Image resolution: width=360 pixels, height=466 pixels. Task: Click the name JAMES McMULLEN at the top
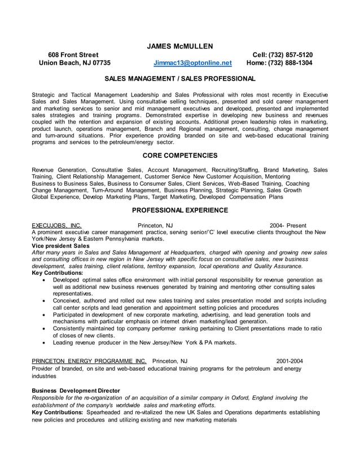(x=180, y=46)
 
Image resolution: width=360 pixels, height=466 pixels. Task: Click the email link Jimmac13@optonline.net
(x=192, y=63)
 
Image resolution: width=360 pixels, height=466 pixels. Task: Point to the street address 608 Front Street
(x=73, y=55)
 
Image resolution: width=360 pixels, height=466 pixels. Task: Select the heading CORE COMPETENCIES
(x=180, y=155)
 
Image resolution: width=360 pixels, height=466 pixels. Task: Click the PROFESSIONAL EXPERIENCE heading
(x=180, y=210)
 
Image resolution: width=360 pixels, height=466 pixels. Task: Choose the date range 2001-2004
(x=289, y=361)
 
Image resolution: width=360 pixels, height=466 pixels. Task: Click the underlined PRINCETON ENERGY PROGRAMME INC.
(x=89, y=361)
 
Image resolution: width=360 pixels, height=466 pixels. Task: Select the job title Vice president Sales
(x=60, y=246)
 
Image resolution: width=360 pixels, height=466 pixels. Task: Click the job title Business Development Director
(x=76, y=390)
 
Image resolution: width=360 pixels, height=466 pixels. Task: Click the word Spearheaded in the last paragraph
(x=105, y=412)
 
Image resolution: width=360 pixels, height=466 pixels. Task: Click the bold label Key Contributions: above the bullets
(x=58, y=272)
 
